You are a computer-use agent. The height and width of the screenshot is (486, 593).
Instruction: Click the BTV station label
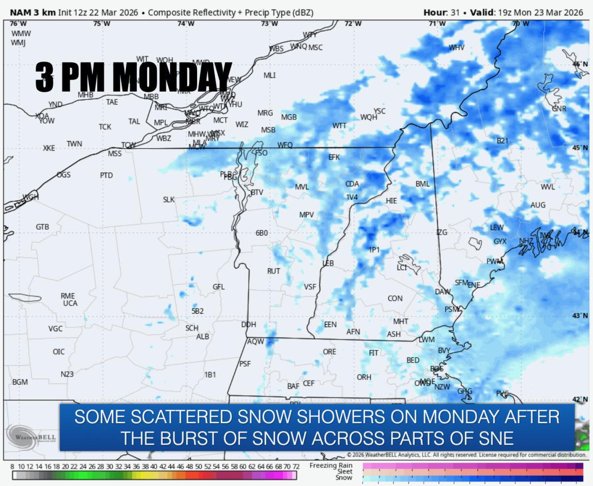[257, 192]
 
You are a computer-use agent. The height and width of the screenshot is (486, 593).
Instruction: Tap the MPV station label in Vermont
[306, 215]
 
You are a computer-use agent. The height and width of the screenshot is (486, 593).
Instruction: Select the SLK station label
[169, 199]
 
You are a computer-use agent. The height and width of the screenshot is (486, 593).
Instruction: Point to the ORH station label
[364, 377]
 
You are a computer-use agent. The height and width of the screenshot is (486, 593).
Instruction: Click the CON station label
[395, 298]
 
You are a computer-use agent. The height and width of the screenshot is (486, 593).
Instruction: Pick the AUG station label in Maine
[538, 205]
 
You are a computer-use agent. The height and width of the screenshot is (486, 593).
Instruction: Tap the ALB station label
[203, 337]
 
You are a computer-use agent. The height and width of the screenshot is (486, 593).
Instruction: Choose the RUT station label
[273, 271]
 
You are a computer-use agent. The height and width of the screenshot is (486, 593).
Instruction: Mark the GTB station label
[42, 227]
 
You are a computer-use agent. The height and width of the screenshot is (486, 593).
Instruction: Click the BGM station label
[20, 382]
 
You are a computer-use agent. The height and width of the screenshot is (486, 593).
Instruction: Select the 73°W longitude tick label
[269, 23]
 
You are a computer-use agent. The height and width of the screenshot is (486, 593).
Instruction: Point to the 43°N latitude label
[580, 316]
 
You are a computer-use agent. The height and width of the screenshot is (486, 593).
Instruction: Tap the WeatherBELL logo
[31, 437]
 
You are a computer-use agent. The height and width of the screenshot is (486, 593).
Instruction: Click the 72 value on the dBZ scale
[296, 467]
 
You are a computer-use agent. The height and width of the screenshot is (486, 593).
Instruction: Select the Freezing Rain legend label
[331, 465]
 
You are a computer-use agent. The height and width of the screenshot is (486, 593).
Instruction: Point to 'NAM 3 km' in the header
[33, 12]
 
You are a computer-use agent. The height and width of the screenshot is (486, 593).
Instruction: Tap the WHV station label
[456, 48]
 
